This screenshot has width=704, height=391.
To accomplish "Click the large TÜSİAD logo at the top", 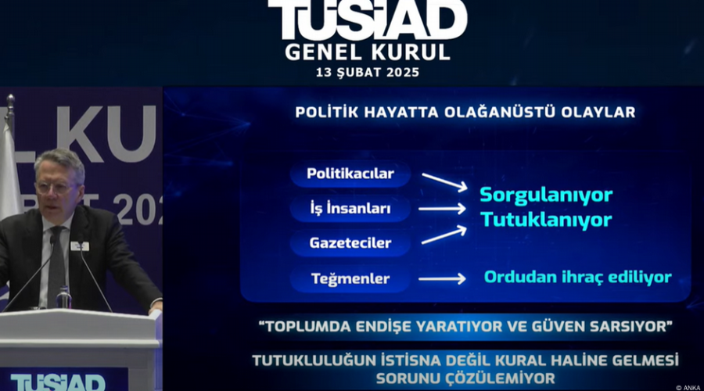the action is tap(368, 20).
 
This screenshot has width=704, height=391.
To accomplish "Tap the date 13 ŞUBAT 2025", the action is tap(368, 72).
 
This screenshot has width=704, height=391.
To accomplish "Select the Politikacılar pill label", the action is tap(350, 174).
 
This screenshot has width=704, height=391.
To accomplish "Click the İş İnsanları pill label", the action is tap(350, 208).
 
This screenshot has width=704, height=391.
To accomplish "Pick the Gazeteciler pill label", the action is tap(350, 243).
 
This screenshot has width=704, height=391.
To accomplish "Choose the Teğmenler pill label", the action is tap(350, 278).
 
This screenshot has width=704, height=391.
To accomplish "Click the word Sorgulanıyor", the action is tap(546, 195).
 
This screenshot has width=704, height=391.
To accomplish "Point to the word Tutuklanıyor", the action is tap(546, 221).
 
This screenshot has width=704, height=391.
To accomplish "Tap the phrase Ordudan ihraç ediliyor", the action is tap(578, 277).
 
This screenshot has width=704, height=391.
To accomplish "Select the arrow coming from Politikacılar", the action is tap(444, 181).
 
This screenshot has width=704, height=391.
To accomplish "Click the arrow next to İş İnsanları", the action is tap(442, 209).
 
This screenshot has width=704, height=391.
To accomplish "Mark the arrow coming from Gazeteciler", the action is tap(444, 235).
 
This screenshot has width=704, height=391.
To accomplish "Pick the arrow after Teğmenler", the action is tap(442, 278).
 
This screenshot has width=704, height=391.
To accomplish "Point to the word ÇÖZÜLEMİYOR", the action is tap(501, 378).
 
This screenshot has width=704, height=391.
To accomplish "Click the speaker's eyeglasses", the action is tap(57, 188).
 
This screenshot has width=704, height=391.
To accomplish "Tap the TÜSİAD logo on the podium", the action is tap(58, 382).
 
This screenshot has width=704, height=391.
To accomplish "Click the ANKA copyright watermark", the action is tap(688, 388).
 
